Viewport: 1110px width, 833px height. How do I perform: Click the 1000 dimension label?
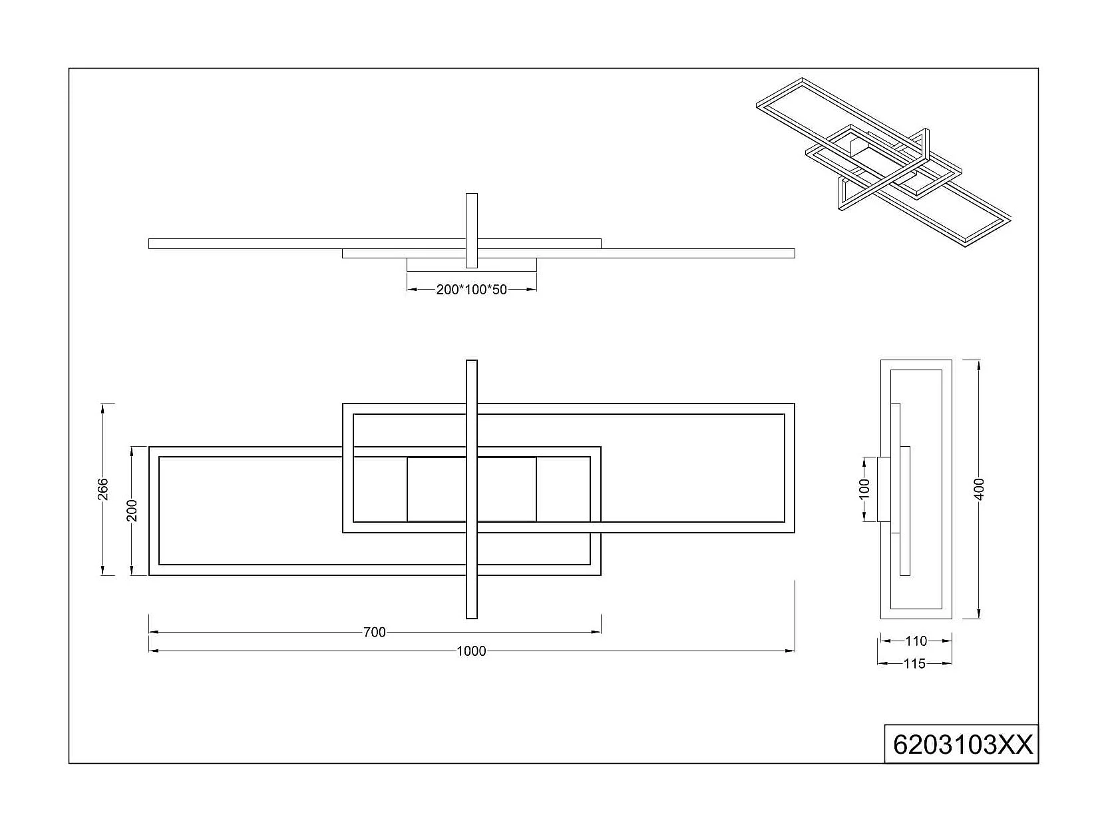pos(471,651)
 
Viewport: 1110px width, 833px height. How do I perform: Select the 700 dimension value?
pos(375,633)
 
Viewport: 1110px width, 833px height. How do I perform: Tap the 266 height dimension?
pos(102,489)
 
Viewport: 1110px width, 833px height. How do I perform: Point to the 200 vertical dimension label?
pos(132,510)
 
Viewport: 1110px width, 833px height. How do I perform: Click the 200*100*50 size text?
pos(471,290)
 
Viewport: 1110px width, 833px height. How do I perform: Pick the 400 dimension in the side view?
pos(978,489)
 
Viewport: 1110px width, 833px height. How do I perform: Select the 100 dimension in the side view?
pos(864,489)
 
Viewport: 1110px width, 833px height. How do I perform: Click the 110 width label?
pos(916,641)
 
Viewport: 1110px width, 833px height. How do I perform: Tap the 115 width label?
pos(915,664)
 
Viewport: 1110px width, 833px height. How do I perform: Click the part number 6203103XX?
pos(962,744)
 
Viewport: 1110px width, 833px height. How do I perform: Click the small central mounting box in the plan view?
pos(471,489)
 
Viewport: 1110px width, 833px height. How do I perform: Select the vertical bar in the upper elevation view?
pos(471,230)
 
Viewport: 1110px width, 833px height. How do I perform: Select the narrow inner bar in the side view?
pos(904,510)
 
